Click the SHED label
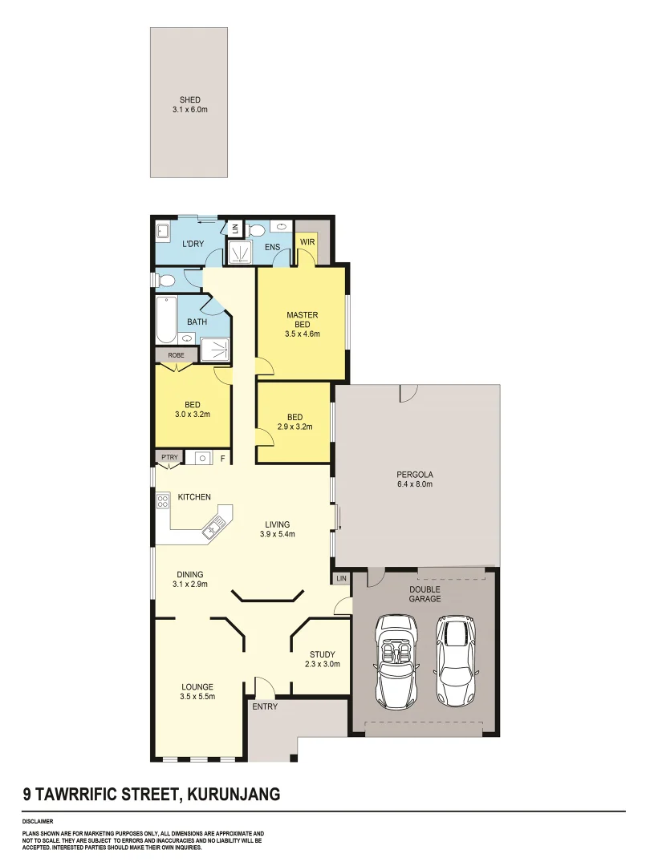[x=189, y=100]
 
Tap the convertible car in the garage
[x=396, y=661]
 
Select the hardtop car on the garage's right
[x=455, y=660]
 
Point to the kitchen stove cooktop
[x=163, y=502]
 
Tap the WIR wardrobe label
[x=307, y=242]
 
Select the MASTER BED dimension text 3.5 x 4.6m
[x=302, y=334]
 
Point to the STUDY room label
[x=322, y=654]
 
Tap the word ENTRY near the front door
[x=265, y=706]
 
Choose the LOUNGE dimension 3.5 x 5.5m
[x=197, y=698]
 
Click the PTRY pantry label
[x=169, y=457]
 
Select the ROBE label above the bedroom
[x=177, y=354]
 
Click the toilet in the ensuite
[x=256, y=230]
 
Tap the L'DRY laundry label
[x=193, y=244]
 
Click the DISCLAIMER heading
[x=38, y=821]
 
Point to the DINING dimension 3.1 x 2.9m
[x=189, y=585]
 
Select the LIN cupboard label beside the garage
[x=341, y=577]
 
